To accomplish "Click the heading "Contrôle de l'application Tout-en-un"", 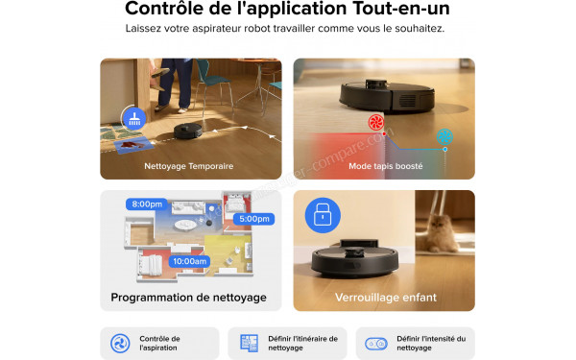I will click(x=287, y=10).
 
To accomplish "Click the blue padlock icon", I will click(x=320, y=216).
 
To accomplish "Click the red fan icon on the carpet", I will click(x=375, y=123).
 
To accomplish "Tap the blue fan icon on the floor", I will click(x=444, y=136).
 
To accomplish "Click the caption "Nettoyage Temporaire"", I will click(x=188, y=166).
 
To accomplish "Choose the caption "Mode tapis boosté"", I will click(x=384, y=166).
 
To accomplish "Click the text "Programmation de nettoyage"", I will click(x=188, y=298).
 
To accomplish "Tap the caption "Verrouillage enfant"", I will click(x=384, y=298).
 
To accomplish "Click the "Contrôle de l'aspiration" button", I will click(x=158, y=343).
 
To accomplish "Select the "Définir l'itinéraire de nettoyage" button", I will click(x=287, y=343).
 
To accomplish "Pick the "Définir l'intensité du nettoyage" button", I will click(x=415, y=343).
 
